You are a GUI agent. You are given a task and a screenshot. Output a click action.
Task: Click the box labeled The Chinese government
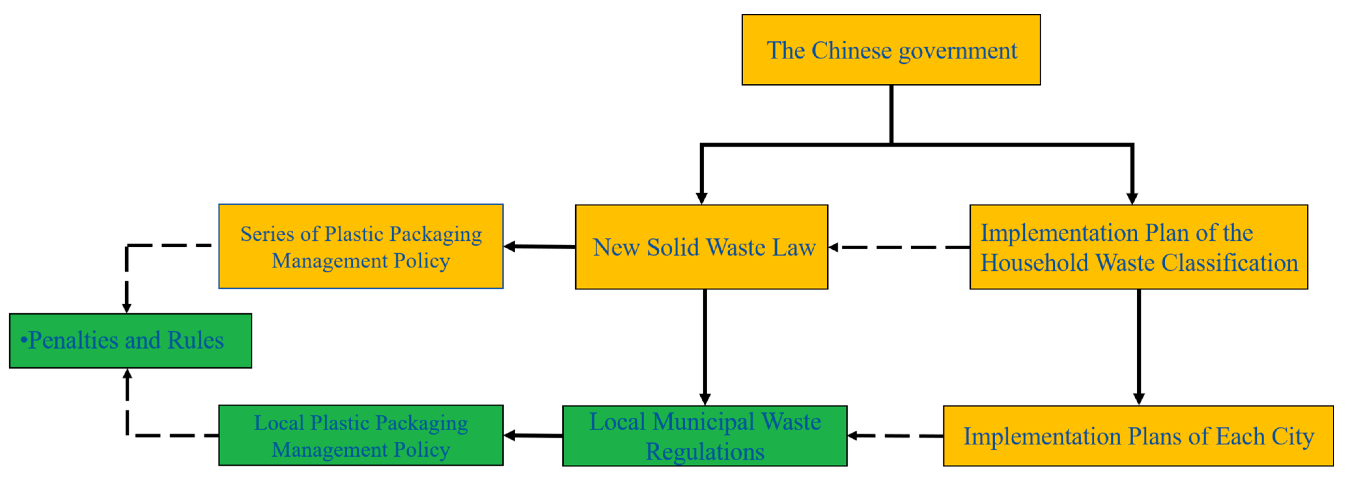coord(891,50)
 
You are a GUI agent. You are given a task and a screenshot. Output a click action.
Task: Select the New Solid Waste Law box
coord(701,247)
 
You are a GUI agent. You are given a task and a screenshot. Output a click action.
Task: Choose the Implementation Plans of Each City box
coord(1138,436)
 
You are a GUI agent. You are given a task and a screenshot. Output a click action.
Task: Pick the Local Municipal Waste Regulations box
coord(704,436)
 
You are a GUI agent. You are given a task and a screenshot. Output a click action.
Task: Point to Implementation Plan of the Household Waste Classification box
coord(1138,247)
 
